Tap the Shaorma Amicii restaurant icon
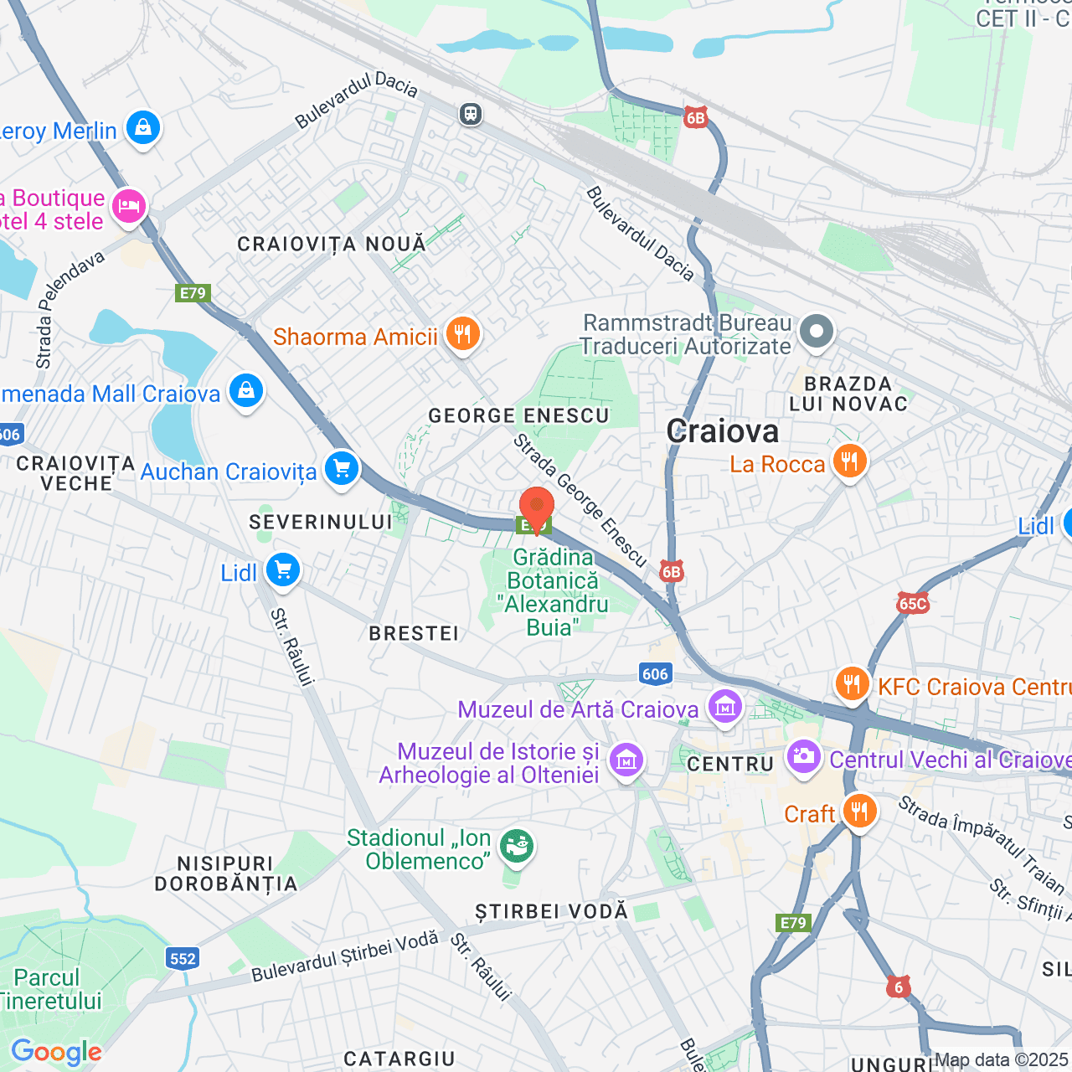tap(462, 334)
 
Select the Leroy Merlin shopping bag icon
tap(143, 128)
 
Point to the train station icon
tap(471, 114)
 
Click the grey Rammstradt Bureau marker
tap(816, 332)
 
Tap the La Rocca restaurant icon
tap(849, 461)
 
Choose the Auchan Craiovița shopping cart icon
tap(341, 469)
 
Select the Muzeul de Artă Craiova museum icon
tap(725, 706)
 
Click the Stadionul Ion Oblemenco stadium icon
tap(517, 847)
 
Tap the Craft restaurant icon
tap(859, 812)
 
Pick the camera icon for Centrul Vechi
tap(804, 757)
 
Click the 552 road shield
tap(183, 959)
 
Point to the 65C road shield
tap(912, 603)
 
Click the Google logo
tap(56, 1052)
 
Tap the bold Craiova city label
tap(723, 431)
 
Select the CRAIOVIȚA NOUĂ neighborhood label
tap(332, 244)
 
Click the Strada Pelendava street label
tap(70, 310)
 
